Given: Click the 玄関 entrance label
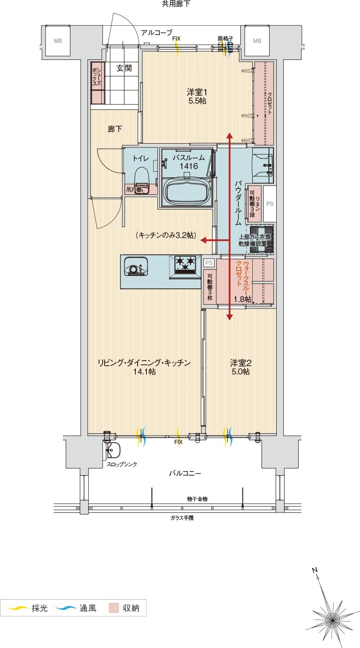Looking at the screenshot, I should pyautogui.click(x=123, y=68).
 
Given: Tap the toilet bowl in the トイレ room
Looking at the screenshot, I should pyautogui.click(x=141, y=177).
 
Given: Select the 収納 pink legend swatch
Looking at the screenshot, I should pyautogui.click(x=114, y=608).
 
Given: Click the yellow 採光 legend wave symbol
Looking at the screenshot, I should pyautogui.click(x=16, y=608).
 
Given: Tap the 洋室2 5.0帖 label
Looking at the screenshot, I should pyautogui.click(x=240, y=367).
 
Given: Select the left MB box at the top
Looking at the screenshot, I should pyautogui.click(x=58, y=41).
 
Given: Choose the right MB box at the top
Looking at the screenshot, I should pyautogui.click(x=256, y=41).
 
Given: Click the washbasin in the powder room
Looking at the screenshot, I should pyautogui.click(x=263, y=164).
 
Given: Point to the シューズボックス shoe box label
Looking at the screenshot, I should pyautogui.click(x=97, y=76).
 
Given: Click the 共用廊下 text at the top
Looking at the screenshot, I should pyautogui.click(x=175, y=4).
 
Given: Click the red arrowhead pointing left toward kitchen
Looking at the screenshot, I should pyautogui.click(x=203, y=240).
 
